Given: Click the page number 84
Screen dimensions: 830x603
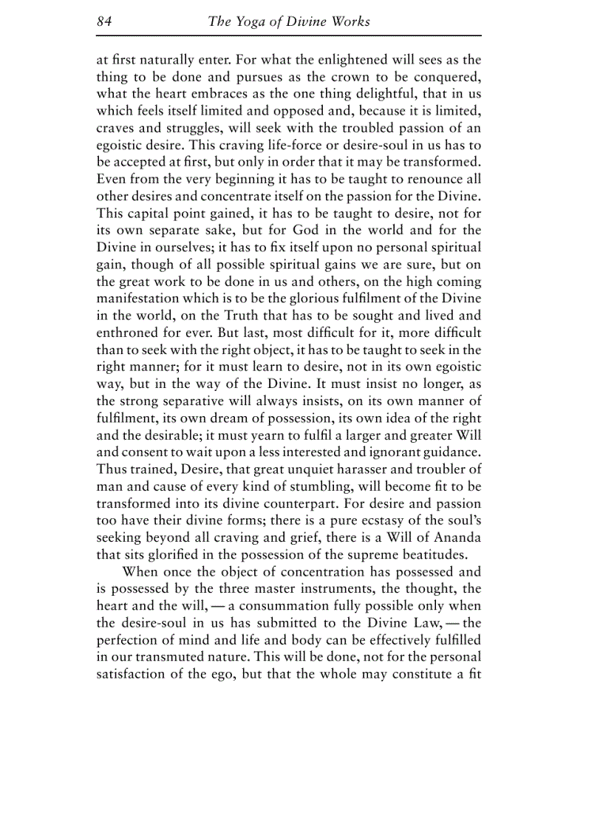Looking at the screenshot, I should pyautogui.click(x=103, y=21).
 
